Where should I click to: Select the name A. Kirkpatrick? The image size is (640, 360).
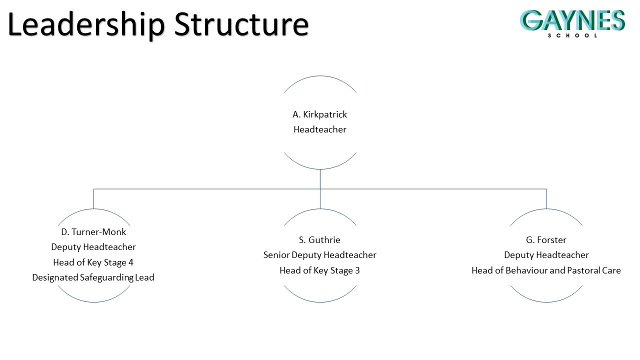(320, 114)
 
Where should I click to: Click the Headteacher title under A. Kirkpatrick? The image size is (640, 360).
(320, 129)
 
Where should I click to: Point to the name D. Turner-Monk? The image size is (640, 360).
(93, 232)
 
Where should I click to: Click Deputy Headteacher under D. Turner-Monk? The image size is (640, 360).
(93, 247)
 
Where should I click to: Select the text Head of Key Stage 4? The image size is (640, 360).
(93, 262)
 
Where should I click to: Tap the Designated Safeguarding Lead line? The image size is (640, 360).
(93, 277)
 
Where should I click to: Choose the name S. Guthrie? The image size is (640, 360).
(320, 240)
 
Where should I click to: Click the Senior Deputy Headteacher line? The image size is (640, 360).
(320, 255)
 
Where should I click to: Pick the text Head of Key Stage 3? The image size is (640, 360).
(320, 270)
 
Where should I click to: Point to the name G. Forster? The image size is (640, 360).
(546, 240)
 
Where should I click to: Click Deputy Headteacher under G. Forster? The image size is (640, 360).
(546, 255)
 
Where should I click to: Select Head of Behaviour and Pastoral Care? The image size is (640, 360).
(546, 270)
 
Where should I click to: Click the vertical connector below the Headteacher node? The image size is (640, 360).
(320, 178)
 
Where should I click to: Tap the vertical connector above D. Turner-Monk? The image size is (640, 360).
(93, 198)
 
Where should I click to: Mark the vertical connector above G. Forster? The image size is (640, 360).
(546, 198)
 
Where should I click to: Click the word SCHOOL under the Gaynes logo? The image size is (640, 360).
(572, 35)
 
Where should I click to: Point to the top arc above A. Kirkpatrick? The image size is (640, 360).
(320, 76)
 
